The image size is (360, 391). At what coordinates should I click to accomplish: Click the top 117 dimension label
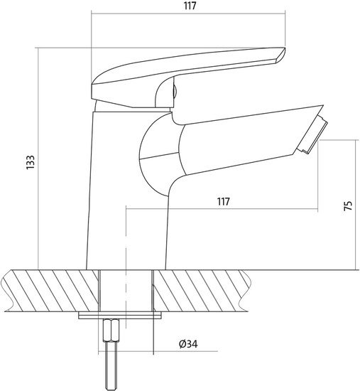(190, 6)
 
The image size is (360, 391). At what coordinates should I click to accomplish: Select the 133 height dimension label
(31, 162)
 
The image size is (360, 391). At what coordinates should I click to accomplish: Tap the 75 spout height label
(348, 205)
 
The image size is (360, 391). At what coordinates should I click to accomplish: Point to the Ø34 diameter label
(188, 344)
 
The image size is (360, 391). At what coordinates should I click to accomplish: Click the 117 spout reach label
(223, 201)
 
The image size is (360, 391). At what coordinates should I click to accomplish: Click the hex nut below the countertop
(111, 331)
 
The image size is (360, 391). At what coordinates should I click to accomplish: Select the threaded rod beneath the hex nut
(111, 366)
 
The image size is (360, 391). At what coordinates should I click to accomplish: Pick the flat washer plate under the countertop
(120, 316)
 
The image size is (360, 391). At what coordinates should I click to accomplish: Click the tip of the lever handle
(285, 48)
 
